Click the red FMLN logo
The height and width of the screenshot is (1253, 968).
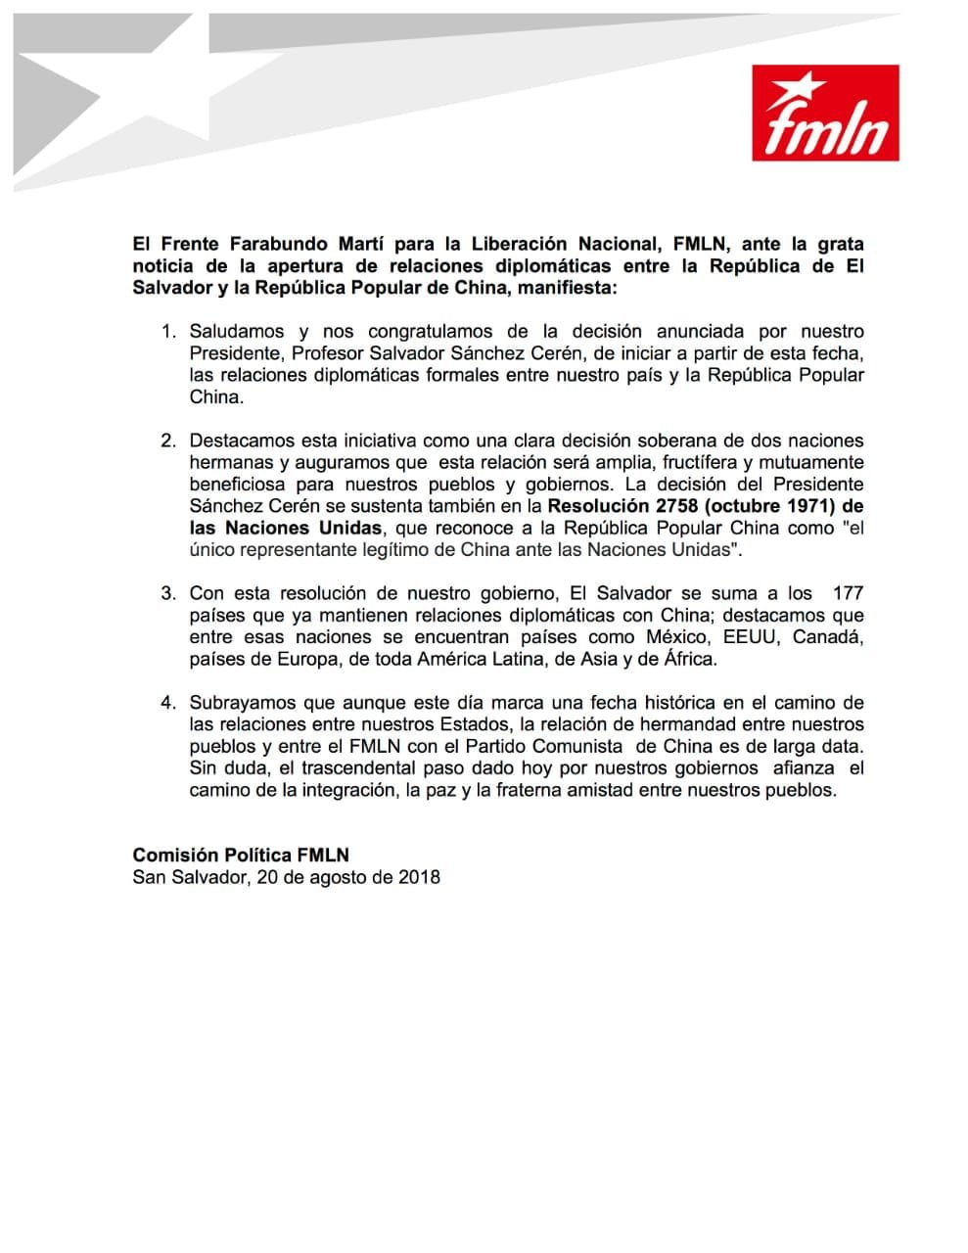coord(825,113)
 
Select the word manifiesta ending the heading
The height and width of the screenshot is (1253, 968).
coord(567,288)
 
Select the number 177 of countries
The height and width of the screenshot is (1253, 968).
coord(847,593)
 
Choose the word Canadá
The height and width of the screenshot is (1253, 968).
coord(828,637)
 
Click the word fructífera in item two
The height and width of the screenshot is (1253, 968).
coord(663,462)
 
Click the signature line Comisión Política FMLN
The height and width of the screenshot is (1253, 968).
coord(241,855)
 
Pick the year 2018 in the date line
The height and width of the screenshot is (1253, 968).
coord(419,877)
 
